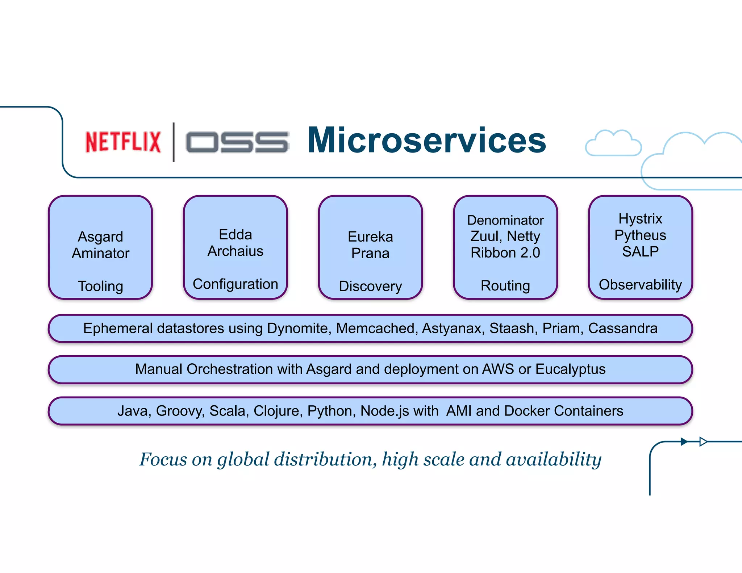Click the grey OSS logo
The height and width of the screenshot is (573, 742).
pos(237,142)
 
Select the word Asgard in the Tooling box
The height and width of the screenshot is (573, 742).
pos(100,237)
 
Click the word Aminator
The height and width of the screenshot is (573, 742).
pos(100,253)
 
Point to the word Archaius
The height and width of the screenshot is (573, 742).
pos(235,251)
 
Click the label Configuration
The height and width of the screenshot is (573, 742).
pos(235,284)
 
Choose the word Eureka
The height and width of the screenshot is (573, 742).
pos(370,237)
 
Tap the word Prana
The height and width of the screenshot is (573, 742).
pos(370,253)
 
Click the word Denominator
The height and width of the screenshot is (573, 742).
pos(505,220)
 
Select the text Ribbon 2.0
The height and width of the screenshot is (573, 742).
pos(505,252)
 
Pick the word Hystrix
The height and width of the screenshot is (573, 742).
pos(640,218)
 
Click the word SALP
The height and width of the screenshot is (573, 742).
pos(640,251)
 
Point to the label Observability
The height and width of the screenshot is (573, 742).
pos(640,285)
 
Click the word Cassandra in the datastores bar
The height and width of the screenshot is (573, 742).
pos(622,328)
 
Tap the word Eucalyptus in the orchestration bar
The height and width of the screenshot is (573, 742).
pos(570,369)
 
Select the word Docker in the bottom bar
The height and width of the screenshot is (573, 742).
pos(527,411)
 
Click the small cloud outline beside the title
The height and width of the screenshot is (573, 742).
pos(613,144)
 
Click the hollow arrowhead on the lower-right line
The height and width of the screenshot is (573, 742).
pos(703,442)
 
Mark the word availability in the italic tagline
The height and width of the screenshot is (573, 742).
pos(554,459)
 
